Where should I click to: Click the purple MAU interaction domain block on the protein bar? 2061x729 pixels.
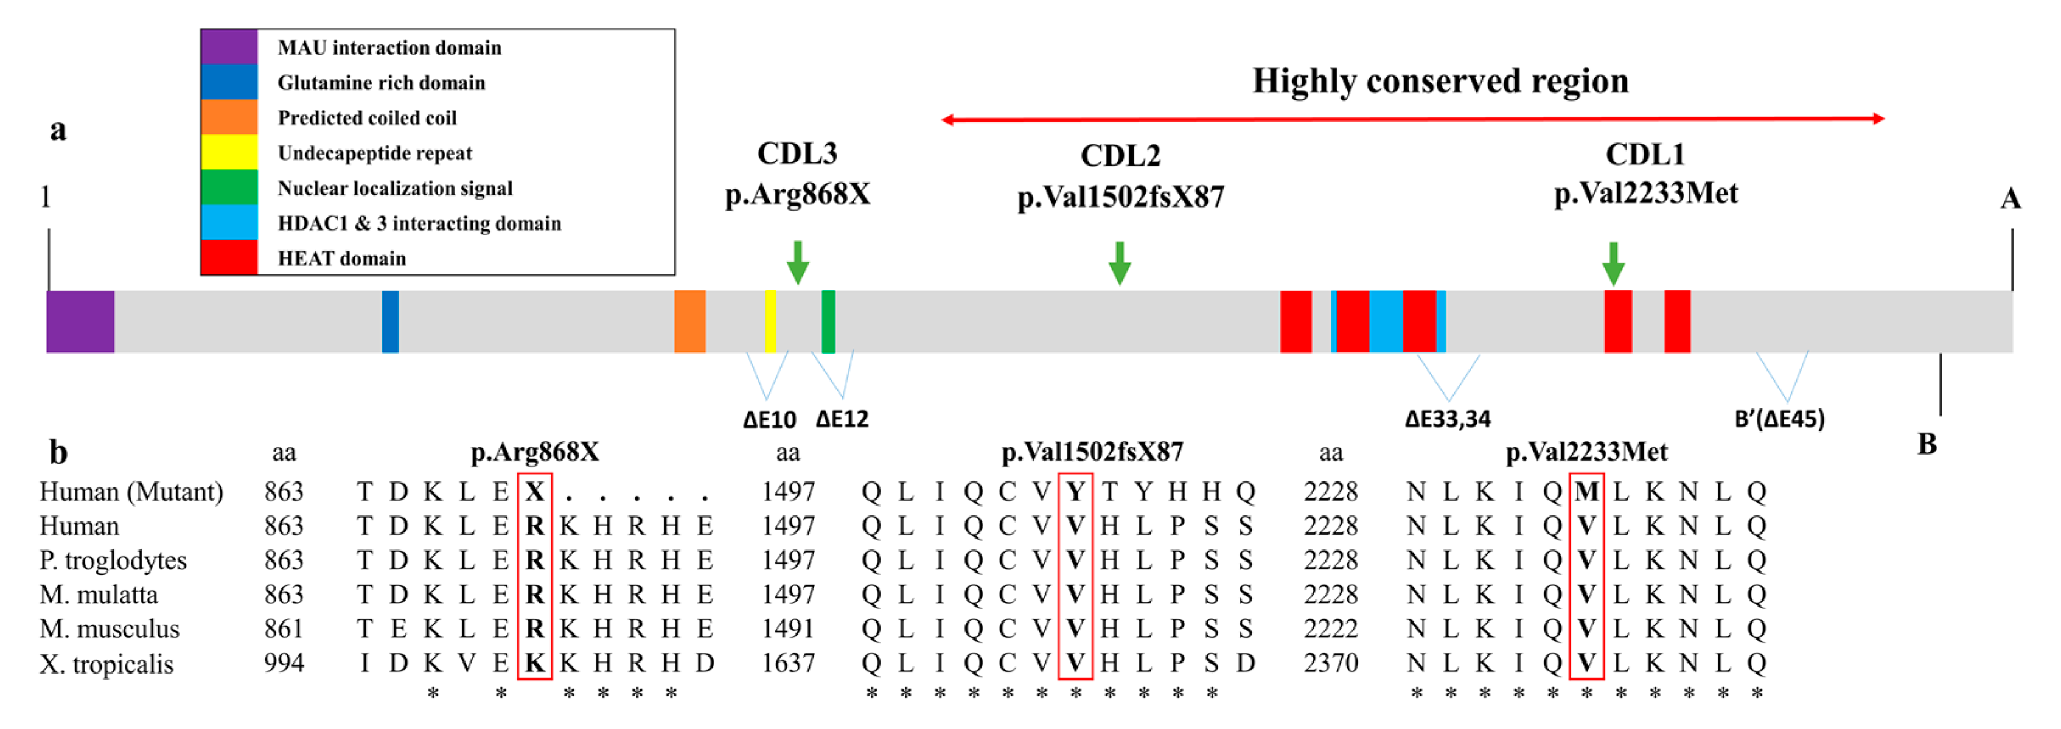click(80, 321)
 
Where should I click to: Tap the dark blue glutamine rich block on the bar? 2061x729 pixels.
click(389, 321)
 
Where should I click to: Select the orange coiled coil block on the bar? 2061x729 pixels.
click(689, 321)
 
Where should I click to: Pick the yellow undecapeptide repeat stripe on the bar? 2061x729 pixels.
click(770, 321)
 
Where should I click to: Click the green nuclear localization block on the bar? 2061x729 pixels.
click(828, 321)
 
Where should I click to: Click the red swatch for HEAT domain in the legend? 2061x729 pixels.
click(229, 257)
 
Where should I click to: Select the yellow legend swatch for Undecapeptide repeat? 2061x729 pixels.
click(229, 152)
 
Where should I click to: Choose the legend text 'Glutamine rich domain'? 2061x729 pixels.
click(381, 82)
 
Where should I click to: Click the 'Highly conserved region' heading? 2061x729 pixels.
click(1440, 81)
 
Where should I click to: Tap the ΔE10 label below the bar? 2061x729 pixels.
click(769, 419)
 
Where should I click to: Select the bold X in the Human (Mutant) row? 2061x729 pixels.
click(534, 491)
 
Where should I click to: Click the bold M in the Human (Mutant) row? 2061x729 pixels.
click(1586, 491)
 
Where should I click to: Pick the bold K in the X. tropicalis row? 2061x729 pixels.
click(534, 663)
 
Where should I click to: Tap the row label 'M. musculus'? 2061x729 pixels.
click(110, 629)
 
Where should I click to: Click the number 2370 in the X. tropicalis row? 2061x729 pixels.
click(1331, 663)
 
